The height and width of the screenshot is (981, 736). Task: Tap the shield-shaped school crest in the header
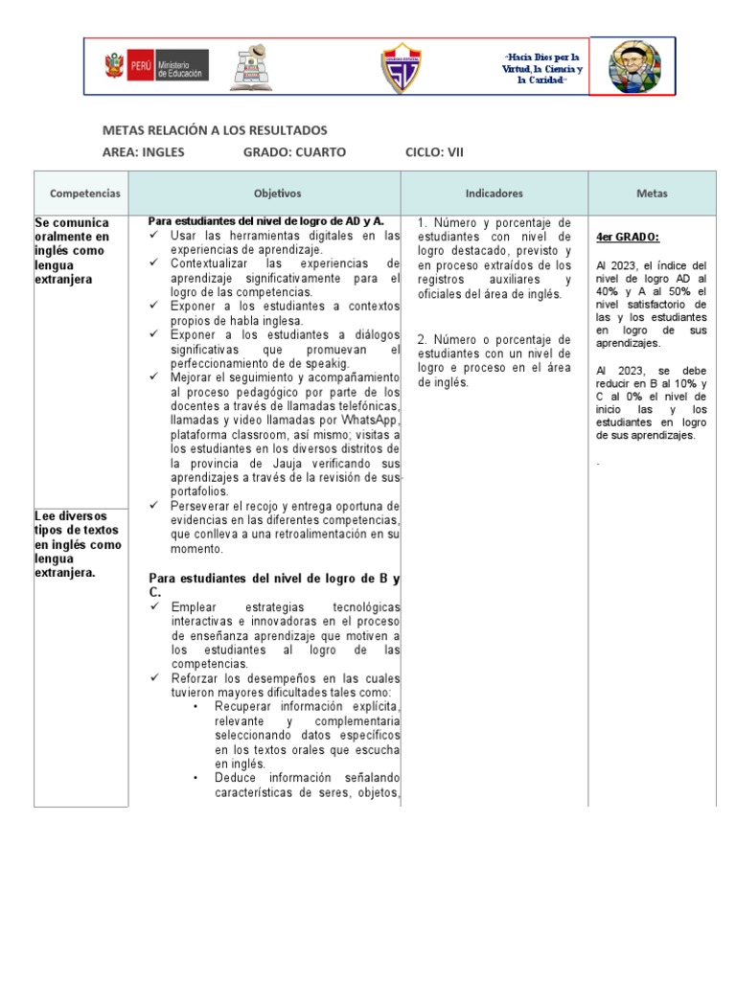point(400,67)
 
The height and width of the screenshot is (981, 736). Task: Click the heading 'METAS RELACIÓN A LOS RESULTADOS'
point(215,129)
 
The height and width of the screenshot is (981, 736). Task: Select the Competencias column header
point(85,194)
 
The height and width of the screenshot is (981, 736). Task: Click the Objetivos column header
point(277,194)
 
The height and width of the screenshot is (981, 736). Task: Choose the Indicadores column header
point(494,194)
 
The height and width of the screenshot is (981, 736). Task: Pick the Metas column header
point(652,194)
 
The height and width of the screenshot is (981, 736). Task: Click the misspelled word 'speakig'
point(325,363)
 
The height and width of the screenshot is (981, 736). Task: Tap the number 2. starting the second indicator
point(424,340)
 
